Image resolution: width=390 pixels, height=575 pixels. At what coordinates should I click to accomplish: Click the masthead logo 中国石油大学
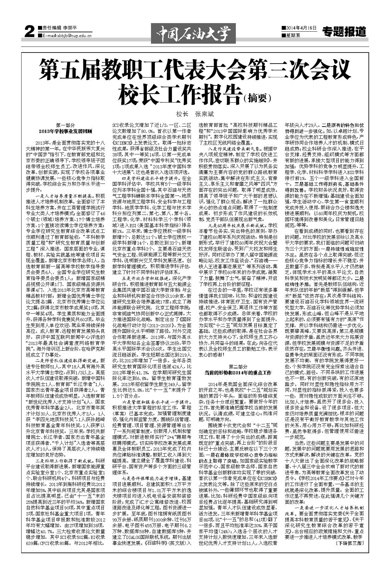(x=195, y=33)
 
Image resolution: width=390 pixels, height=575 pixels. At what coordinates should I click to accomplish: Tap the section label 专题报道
(x=344, y=32)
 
